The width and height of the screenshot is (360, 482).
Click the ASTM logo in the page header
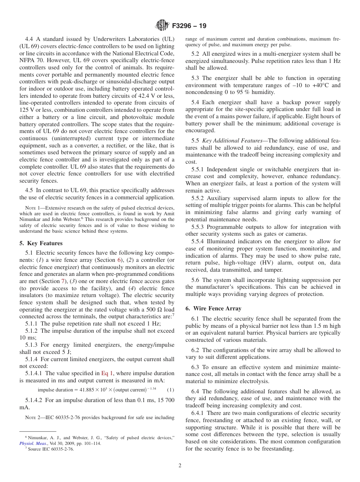[x=162, y=26]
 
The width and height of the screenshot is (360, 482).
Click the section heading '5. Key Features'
[x=41, y=243]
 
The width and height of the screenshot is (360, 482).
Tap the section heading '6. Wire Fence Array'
[x=213, y=308]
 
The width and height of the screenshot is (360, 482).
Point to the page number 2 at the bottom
[x=180, y=466]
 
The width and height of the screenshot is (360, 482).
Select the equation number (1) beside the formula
[x=171, y=390]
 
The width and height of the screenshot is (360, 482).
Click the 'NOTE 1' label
[x=32, y=208]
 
